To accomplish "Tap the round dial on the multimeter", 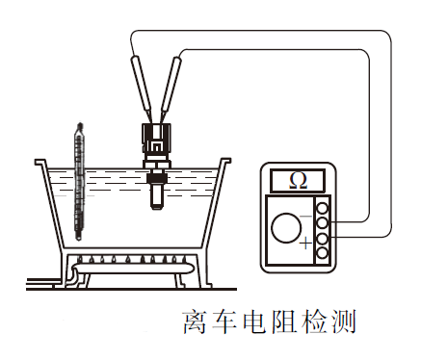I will [286, 228].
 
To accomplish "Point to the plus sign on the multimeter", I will [305, 245].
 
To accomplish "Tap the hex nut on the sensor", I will [154, 175].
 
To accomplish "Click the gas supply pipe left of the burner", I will [43, 282].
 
